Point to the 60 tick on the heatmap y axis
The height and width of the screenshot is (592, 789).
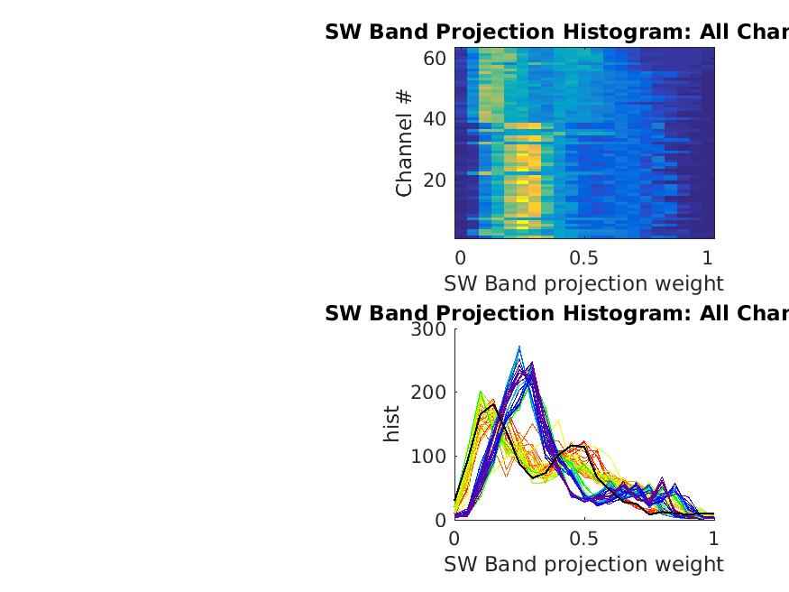(x=435, y=59)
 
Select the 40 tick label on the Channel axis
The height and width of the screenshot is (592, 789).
(x=435, y=119)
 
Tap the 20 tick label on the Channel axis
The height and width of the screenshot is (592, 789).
(x=435, y=180)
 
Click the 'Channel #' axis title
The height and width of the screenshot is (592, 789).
(x=404, y=143)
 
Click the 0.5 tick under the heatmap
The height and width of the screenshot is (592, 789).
(x=584, y=256)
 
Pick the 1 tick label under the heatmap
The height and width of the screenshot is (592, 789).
(x=708, y=256)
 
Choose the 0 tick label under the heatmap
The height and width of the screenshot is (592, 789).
(x=460, y=256)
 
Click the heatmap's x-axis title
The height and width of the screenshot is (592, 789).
(x=583, y=283)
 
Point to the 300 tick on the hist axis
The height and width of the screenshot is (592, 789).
(x=428, y=329)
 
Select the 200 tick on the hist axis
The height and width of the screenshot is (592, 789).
(x=428, y=393)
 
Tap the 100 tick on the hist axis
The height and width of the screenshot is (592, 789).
(x=428, y=456)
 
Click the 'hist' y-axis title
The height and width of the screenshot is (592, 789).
(x=391, y=424)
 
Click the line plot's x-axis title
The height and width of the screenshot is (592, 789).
(x=583, y=564)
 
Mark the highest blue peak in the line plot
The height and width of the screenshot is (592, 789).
(x=518, y=347)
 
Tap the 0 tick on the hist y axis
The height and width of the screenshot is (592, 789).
(x=440, y=520)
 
